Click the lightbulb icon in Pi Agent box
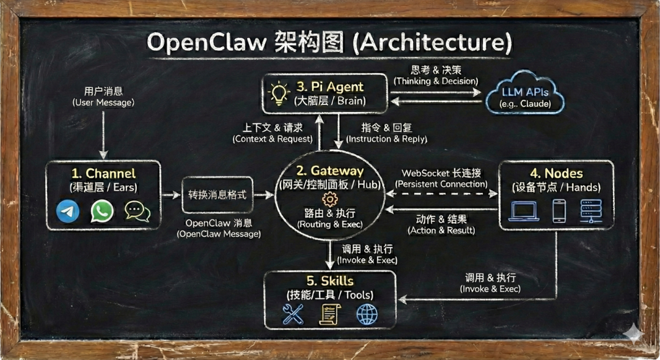(279, 93)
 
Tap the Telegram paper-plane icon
(68, 211)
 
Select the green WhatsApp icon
(102, 211)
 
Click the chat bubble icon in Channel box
(137, 211)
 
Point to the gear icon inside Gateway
(330, 199)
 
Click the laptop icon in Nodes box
(524, 211)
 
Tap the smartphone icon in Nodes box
(559, 211)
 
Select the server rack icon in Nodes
(592, 211)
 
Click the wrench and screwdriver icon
(293, 314)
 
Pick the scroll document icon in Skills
(330, 314)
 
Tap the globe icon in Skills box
(367, 314)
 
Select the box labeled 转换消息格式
(218, 195)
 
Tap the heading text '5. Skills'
(329, 281)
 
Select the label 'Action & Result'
(441, 230)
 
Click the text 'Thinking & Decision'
(435, 80)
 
